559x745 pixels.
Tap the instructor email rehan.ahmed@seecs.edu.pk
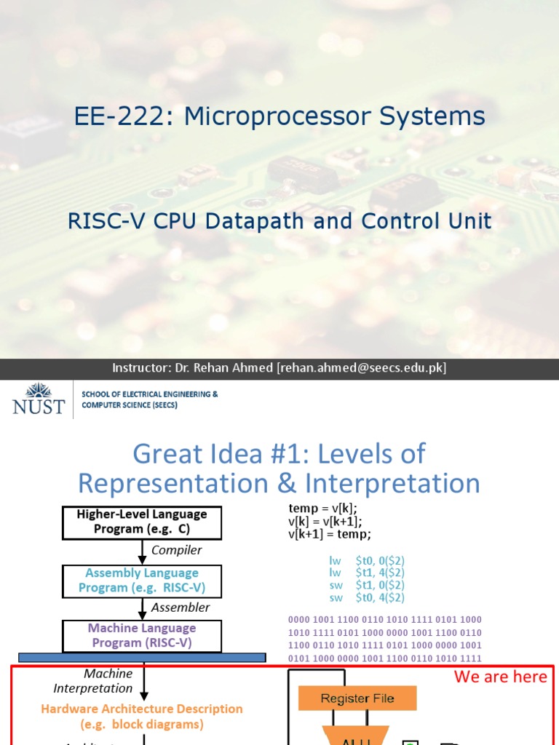(x=361, y=368)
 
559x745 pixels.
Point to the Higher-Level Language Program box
(x=141, y=522)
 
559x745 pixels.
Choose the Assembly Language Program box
(x=141, y=581)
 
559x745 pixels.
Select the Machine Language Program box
(x=141, y=635)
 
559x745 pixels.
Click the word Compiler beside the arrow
(x=177, y=551)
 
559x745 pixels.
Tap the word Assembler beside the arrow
(x=180, y=607)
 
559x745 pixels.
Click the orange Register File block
(x=357, y=698)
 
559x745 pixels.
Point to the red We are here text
(x=500, y=677)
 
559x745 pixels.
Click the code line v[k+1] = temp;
(x=330, y=535)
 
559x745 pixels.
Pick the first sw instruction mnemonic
(x=336, y=585)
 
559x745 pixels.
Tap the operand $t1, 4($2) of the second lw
(x=380, y=573)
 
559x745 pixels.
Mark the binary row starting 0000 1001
(x=385, y=620)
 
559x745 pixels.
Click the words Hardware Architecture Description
(x=142, y=709)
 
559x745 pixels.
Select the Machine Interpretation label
(x=93, y=681)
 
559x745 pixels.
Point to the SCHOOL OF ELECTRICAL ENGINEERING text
(x=149, y=394)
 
